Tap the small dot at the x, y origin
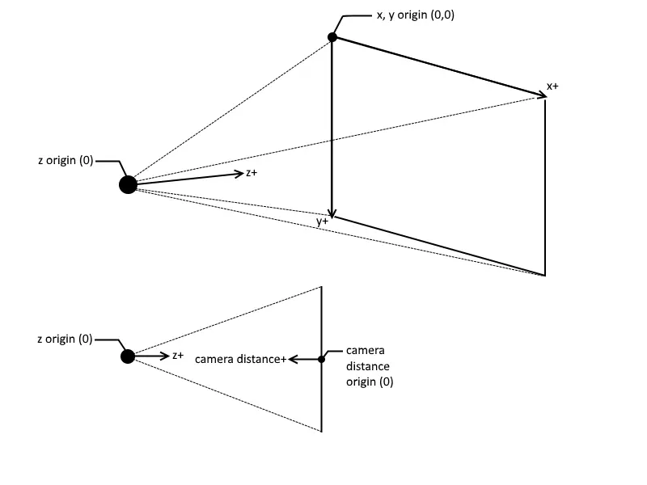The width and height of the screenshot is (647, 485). pos(332,37)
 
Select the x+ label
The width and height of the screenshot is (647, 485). pos(552,86)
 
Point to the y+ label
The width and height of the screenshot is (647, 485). pos(323,221)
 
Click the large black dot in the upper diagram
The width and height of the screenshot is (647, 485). pos(128,185)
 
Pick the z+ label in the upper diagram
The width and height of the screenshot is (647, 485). pos(252,173)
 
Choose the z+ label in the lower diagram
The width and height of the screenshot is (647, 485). pos(178,356)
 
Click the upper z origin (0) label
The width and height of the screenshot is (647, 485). pos(65,161)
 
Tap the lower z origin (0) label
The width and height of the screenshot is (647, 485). pos(65,339)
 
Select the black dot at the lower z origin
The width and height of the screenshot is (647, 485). pos(128,356)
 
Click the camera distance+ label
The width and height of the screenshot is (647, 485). pos(241,360)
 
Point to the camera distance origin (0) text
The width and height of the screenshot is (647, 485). pos(370,366)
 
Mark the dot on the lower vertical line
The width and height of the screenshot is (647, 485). pos(322,359)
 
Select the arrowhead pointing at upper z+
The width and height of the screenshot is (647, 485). pos(238,173)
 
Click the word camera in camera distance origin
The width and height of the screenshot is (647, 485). pos(365,351)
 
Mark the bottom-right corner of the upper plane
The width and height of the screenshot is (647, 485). pos(545,276)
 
